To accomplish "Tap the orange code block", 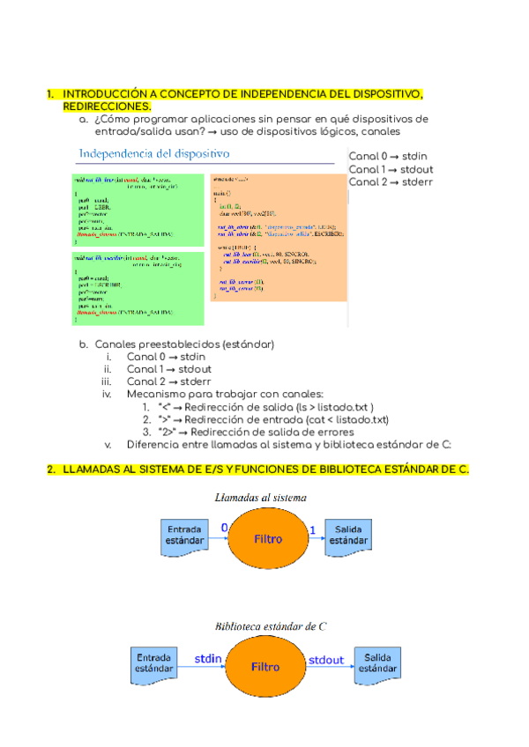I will [279, 238].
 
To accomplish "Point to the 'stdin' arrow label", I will [208, 658].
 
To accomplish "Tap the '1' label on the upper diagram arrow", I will [311, 528].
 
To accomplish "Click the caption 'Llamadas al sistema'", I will [263, 498].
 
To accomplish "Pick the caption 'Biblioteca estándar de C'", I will [272, 626].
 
